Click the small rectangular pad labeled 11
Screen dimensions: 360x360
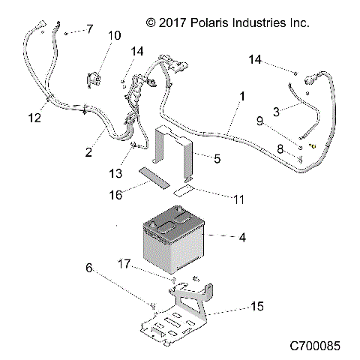click(x=182, y=192)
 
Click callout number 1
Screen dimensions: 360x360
click(x=242, y=97)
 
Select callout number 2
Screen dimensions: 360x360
click(x=88, y=152)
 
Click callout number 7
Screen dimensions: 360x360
click(x=89, y=29)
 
